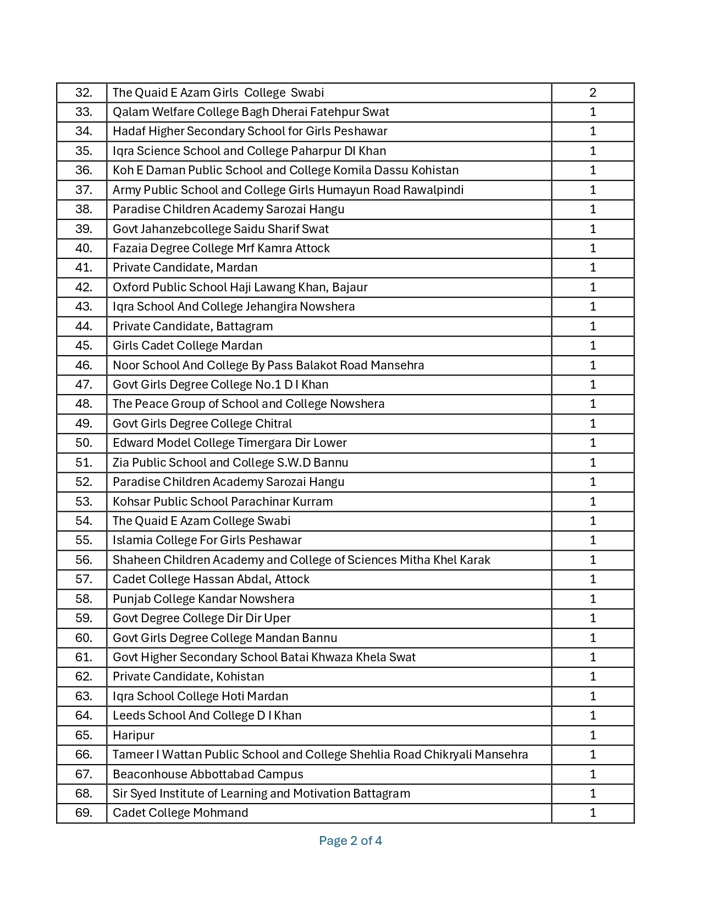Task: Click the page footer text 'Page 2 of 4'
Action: (x=350, y=840)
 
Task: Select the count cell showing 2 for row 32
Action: (x=593, y=93)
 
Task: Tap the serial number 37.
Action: (x=84, y=190)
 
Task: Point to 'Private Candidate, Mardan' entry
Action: (x=185, y=268)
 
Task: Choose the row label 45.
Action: (x=84, y=346)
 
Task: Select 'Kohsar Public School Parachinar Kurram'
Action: (x=223, y=502)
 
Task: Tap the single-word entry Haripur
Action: (x=134, y=735)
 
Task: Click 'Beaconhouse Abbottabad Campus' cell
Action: (x=208, y=775)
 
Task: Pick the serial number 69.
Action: (x=84, y=813)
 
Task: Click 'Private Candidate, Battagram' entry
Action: (x=192, y=327)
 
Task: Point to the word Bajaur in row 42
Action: (x=350, y=287)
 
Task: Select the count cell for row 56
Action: (x=593, y=560)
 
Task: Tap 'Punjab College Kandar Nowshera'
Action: (x=203, y=599)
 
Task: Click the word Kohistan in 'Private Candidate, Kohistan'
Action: (x=240, y=677)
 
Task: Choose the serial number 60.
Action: (x=84, y=638)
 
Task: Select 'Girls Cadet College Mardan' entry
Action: (x=187, y=346)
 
